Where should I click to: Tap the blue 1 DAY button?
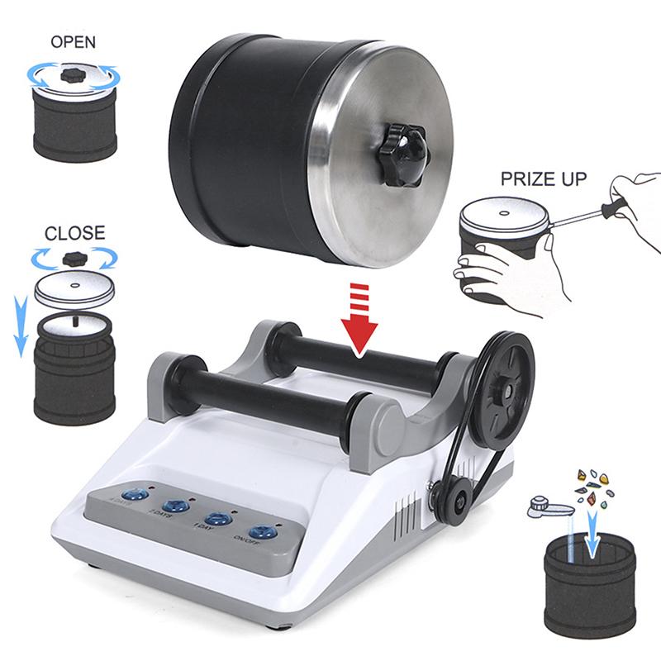(216, 518)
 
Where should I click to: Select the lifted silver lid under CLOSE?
(74, 288)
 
